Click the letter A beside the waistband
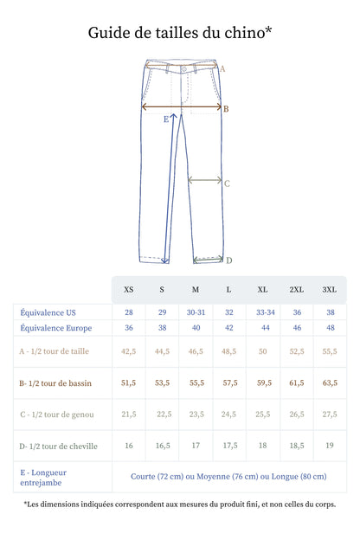[x=222, y=69]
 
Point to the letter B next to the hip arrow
[x=226, y=109]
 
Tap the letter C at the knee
[x=227, y=183]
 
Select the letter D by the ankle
[x=229, y=260]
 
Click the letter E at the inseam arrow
[x=166, y=119]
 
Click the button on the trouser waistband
[x=184, y=69]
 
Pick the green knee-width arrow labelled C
[x=204, y=180]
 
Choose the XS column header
[x=128, y=290]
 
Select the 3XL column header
[x=330, y=290]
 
